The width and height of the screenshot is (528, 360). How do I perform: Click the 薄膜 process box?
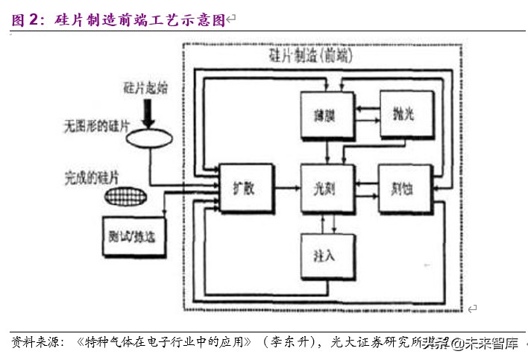(322, 116)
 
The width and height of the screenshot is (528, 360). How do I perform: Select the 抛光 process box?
(404, 114)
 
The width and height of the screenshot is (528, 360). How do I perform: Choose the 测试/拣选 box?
(131, 236)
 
